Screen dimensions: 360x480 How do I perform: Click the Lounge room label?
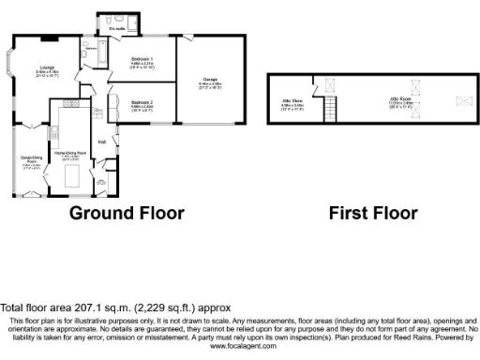pyautogui.click(x=46, y=67)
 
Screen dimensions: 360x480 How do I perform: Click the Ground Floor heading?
pyautogui.click(x=127, y=213)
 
